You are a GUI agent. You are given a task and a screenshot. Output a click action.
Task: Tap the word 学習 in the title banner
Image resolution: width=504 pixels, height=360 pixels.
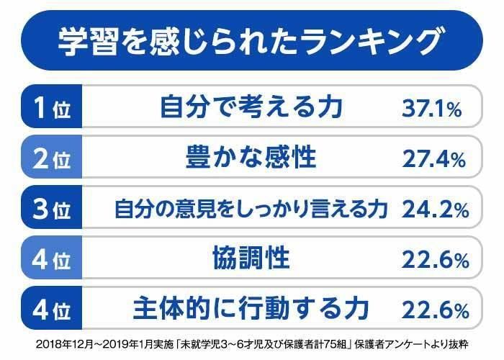point(81,42)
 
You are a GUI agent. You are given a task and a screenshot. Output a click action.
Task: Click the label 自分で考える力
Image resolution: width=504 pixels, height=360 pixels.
point(251,109)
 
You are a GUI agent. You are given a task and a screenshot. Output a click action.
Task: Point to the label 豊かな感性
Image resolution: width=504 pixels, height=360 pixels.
point(251,158)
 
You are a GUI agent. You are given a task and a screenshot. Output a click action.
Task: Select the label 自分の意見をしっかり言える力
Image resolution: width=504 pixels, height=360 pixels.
point(251,210)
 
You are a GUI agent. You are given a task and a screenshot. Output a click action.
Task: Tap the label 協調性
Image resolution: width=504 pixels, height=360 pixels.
point(251,258)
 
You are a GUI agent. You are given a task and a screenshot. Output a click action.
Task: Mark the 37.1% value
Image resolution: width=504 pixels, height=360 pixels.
point(431,109)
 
